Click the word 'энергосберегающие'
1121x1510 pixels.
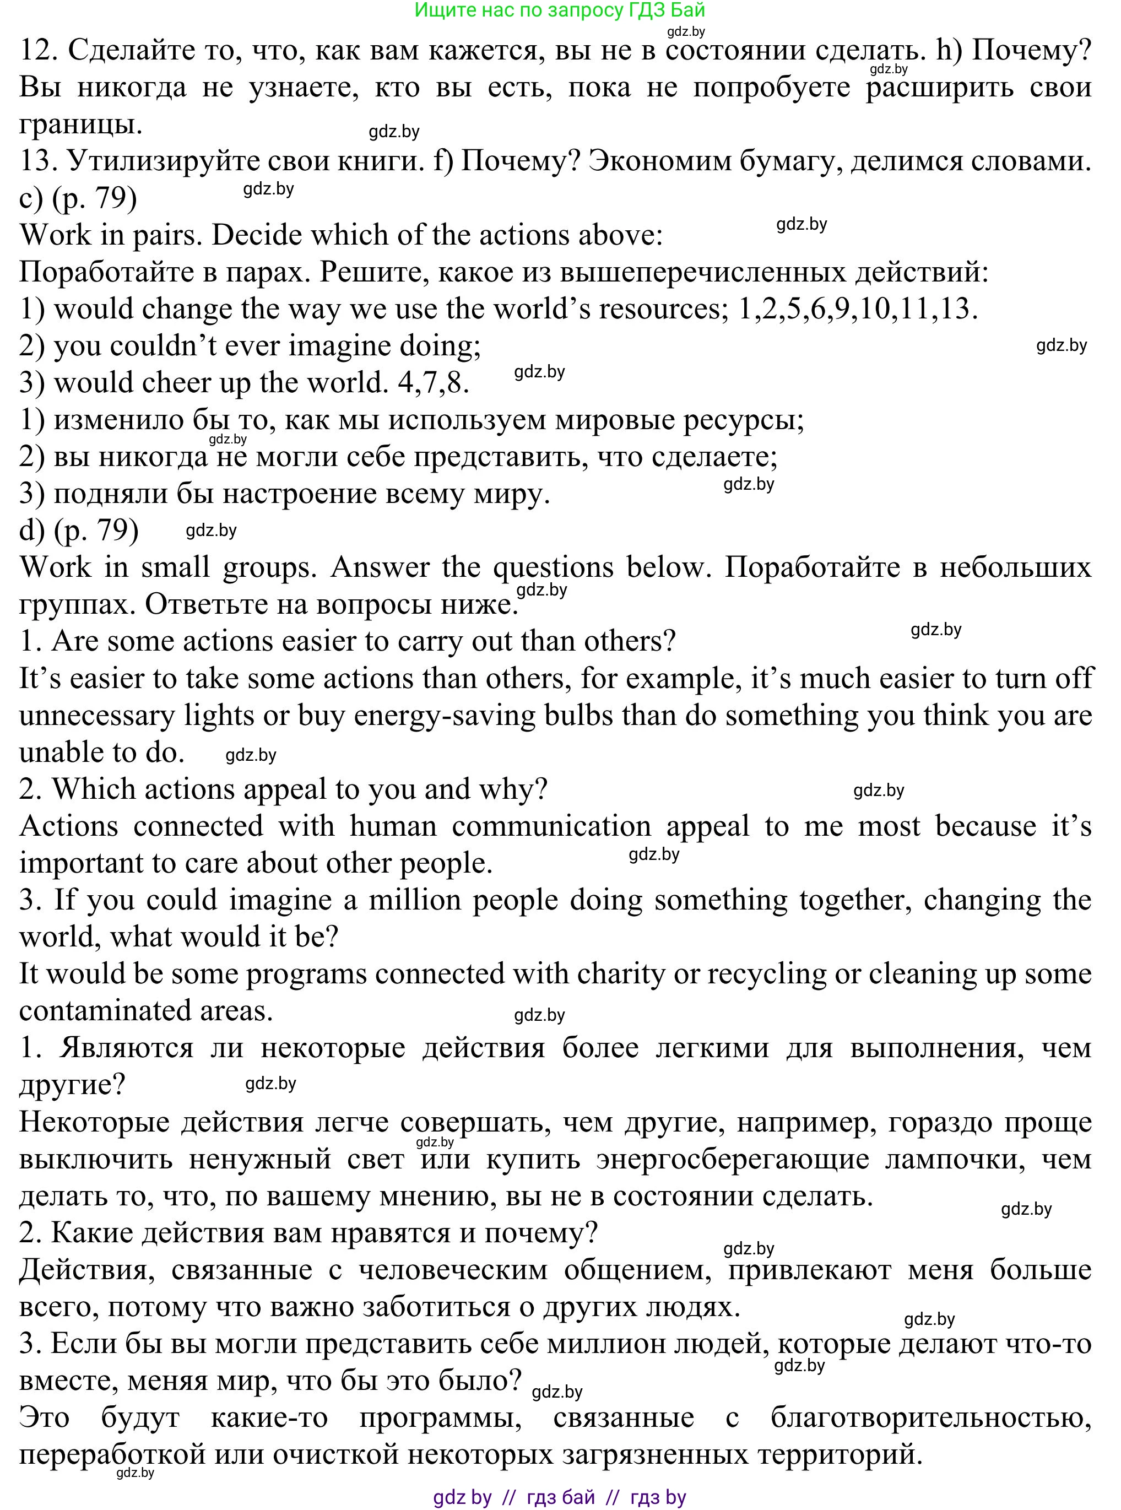[733, 1159]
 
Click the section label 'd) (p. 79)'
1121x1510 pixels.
[79, 530]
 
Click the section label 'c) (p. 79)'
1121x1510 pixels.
[79, 198]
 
